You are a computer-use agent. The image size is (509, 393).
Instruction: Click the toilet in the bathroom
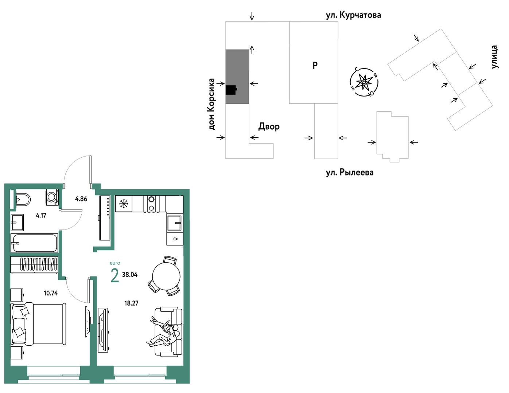pyautogui.click(x=23, y=199)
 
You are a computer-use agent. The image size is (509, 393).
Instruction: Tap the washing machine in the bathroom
pyautogui.click(x=52, y=197)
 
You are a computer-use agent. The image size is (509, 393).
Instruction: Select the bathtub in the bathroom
pyautogui.click(x=34, y=243)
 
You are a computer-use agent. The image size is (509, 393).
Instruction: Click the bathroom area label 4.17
pyautogui.click(x=41, y=216)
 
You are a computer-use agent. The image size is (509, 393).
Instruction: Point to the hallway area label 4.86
pyautogui.click(x=81, y=199)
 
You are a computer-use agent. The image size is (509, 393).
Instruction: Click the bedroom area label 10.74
pyautogui.click(x=51, y=293)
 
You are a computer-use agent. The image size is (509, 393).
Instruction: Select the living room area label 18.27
pyautogui.click(x=131, y=303)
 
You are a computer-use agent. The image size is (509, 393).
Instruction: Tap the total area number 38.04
pyautogui.click(x=130, y=275)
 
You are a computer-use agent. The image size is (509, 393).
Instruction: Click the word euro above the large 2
pyautogui.click(x=115, y=263)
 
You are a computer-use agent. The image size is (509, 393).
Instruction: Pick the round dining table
pyautogui.click(x=166, y=276)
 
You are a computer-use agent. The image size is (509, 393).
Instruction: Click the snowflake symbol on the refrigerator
pyautogui.click(x=124, y=204)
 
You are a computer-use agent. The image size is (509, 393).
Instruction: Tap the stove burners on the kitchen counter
pyautogui.click(x=151, y=204)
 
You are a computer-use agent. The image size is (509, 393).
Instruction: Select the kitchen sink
pyautogui.click(x=175, y=223)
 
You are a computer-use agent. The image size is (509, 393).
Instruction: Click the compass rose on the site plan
pyautogui.click(x=364, y=82)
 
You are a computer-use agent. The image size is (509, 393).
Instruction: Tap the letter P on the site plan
pyautogui.click(x=315, y=65)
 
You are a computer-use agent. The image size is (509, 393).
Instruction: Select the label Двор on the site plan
pyautogui.click(x=269, y=126)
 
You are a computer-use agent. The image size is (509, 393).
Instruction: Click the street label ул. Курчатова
pyautogui.click(x=353, y=15)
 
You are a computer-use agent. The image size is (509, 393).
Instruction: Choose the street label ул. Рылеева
pyautogui.click(x=350, y=172)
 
